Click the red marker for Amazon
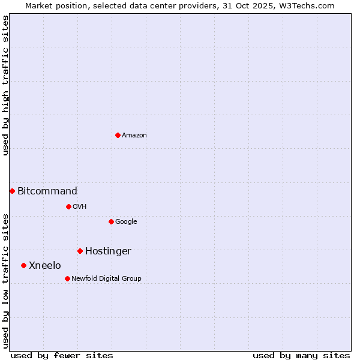(118, 135)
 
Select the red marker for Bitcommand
(12, 191)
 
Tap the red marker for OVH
(68, 206)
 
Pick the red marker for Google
(111, 221)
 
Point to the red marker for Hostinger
(80, 251)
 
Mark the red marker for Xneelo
(23, 265)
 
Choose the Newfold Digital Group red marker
(67, 278)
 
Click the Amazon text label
(134, 135)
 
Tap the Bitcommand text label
(47, 191)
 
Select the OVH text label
(80, 206)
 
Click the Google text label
(126, 221)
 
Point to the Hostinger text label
(108, 251)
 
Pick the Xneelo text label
(45, 266)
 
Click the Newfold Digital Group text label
(106, 278)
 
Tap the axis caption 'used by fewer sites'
(62, 355)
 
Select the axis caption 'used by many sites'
(301, 355)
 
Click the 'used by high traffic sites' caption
(5, 85)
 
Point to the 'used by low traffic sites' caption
(5, 281)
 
